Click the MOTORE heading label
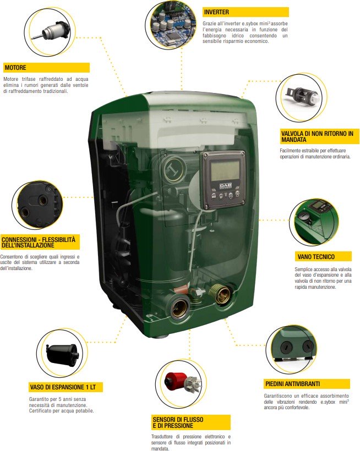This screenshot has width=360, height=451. point(15,68)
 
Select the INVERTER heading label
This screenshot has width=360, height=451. point(216,12)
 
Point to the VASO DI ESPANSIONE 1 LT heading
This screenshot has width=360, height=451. point(66,387)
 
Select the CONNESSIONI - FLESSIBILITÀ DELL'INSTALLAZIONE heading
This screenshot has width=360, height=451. point(41,242)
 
